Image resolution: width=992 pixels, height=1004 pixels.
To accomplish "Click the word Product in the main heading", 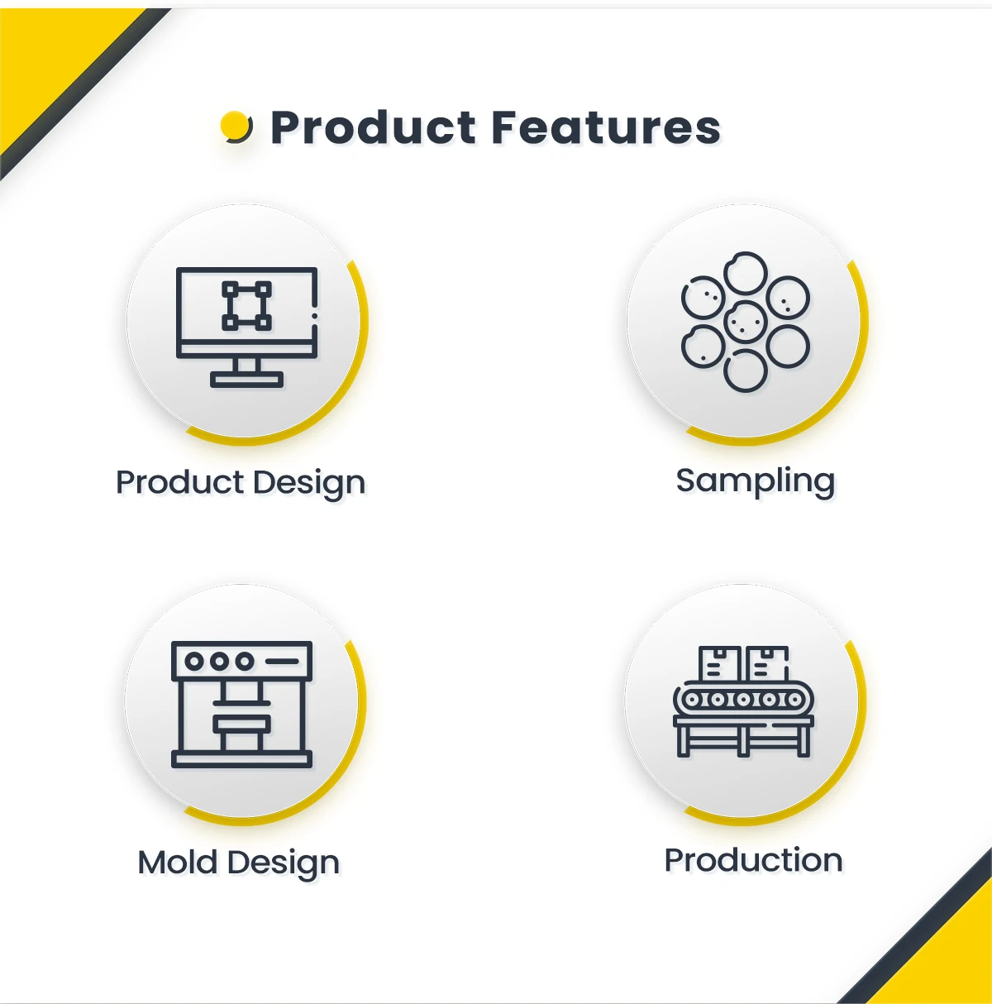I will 374,128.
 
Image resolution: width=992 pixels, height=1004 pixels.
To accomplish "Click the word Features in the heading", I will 605,128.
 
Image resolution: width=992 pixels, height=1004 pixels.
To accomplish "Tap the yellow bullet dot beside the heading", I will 236,127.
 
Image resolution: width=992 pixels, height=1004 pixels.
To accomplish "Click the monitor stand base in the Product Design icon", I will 246,380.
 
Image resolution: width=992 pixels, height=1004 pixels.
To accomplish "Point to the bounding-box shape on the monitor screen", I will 246,306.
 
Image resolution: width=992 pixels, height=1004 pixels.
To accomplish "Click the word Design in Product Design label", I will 310,483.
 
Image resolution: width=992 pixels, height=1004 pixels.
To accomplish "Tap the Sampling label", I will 755,481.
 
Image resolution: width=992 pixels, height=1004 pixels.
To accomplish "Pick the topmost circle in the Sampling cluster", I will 746,273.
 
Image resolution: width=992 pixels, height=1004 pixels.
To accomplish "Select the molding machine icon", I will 241,704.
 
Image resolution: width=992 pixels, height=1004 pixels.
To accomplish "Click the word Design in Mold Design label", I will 284,863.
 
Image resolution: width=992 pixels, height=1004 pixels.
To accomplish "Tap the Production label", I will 753,860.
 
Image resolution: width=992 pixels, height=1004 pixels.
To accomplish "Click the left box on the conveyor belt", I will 719,663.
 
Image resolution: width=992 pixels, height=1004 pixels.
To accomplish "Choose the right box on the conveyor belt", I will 768,663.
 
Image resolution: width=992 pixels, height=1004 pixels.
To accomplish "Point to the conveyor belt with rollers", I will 744,700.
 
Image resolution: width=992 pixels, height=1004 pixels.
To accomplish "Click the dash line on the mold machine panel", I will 282,662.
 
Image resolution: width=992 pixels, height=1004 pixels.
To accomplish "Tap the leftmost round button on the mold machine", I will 194,662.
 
